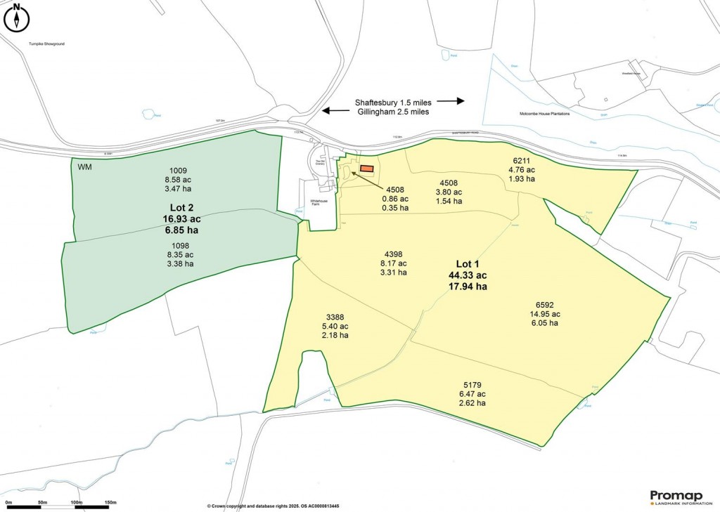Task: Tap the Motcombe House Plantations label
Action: (544, 113)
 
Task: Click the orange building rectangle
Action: (367, 169)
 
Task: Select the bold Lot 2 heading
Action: (177, 209)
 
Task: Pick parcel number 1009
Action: (178, 170)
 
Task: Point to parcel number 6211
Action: (522, 161)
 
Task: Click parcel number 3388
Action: (335, 317)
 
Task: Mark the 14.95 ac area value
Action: (546, 314)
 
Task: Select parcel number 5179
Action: (472, 385)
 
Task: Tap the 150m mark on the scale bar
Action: (110, 502)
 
